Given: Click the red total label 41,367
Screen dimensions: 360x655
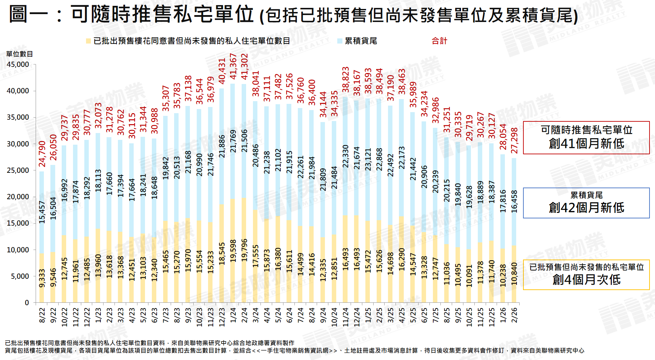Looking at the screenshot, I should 233,66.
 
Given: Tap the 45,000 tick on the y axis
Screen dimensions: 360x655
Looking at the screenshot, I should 18,64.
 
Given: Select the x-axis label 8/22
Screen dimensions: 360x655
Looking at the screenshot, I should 42,315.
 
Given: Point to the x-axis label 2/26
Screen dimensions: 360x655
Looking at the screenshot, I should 514,315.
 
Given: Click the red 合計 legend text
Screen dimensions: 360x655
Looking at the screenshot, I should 439,41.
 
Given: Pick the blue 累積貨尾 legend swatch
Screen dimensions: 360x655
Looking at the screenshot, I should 340,41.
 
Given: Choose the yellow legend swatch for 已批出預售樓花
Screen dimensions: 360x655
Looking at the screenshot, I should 88,41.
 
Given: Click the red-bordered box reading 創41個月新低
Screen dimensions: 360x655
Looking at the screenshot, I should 586,137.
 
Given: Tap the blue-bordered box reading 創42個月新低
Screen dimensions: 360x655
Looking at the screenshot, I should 586,203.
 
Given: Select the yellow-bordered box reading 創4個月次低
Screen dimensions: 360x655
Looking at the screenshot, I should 586,275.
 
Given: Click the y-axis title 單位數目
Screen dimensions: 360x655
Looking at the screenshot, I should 20,54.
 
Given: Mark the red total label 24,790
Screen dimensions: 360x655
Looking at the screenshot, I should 42,154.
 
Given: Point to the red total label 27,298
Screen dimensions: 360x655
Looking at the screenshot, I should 514,140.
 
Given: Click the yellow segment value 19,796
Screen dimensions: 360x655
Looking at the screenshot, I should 244,250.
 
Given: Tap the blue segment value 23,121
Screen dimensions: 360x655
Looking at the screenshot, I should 368,159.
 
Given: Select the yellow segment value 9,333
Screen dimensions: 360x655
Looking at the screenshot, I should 42,278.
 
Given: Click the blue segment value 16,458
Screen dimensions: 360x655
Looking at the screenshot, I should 514,202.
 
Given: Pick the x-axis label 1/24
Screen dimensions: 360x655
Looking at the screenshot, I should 233,315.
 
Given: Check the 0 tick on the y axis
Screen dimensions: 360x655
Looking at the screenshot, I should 27,303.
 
